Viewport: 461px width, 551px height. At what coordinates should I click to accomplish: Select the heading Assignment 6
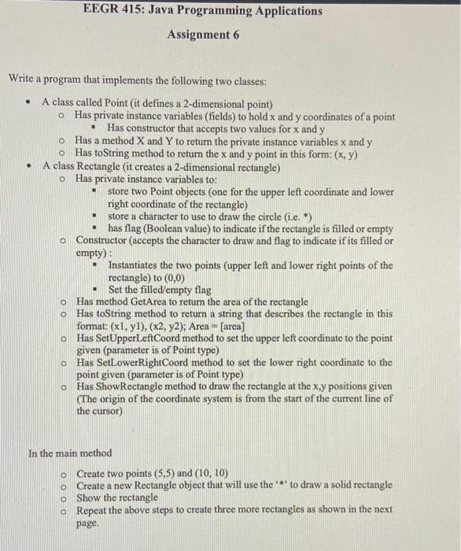[x=204, y=35]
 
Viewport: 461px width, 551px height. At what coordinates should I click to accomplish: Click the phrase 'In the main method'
[x=70, y=453]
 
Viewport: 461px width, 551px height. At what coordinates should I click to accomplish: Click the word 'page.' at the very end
[x=87, y=523]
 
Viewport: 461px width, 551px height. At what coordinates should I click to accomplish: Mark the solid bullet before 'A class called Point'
[x=28, y=104]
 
